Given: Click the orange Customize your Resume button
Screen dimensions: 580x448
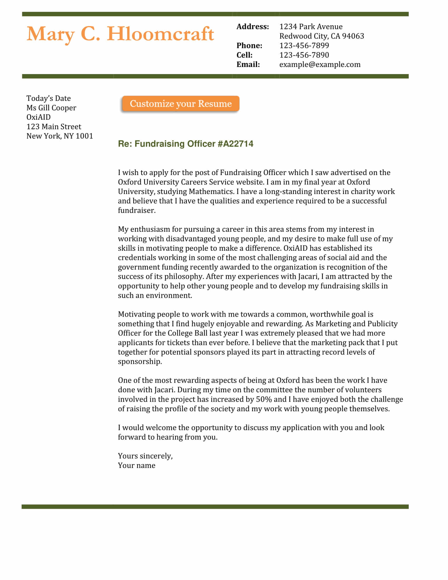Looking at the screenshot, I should (181, 104).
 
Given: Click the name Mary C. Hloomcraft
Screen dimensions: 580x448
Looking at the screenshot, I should (120, 34).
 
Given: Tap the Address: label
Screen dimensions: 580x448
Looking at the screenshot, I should (252, 27).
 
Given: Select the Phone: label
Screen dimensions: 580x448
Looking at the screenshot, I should (249, 46).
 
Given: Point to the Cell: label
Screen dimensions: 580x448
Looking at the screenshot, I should (245, 55).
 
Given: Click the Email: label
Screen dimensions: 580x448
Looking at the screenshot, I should (248, 65).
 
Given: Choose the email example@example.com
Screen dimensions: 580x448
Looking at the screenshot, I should (320, 65).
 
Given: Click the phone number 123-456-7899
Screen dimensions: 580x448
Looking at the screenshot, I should (304, 46).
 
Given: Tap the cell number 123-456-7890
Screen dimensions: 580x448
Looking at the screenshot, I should (304, 55).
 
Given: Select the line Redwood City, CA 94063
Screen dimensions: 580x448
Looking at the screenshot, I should (322, 36).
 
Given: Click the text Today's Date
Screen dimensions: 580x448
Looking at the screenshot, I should (48, 99).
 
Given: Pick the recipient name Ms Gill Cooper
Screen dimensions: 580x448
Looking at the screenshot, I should (51, 108).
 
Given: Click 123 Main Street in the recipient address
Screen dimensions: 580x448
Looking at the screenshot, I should (54, 127).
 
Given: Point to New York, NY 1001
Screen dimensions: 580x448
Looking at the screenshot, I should (60, 136).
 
